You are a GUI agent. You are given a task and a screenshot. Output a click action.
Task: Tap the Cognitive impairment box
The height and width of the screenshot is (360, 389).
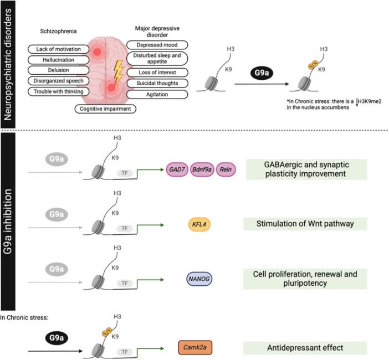(x=106, y=109)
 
